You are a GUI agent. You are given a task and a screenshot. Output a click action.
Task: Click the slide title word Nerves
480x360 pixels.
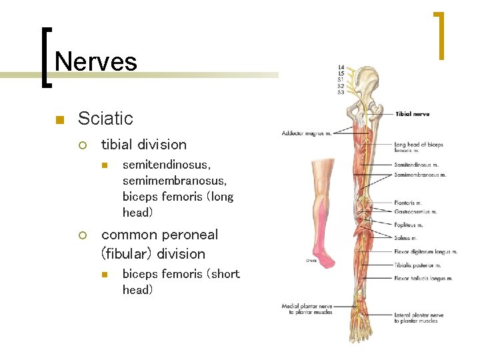tap(96, 62)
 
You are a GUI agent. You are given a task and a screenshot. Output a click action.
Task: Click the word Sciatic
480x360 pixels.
tap(105, 119)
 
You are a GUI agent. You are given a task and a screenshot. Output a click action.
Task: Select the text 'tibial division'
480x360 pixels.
tap(143, 145)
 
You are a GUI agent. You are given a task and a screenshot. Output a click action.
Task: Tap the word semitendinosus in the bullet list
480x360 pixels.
tap(167, 165)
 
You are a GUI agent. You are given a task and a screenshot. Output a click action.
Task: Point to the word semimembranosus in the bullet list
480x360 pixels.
tap(175, 181)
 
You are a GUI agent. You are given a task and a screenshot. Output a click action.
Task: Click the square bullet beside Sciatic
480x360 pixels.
tap(59, 120)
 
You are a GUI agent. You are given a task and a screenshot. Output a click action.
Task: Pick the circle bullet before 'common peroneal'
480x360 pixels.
tap(83, 235)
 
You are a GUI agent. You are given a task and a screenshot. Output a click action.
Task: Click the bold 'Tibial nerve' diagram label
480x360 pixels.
tap(412, 114)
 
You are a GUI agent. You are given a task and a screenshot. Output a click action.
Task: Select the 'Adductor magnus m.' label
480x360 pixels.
tap(306, 133)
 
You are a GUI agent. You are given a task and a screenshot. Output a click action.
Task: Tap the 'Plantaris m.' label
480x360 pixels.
tap(408, 203)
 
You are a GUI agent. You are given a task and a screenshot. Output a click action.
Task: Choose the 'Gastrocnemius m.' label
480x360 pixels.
tap(415, 212)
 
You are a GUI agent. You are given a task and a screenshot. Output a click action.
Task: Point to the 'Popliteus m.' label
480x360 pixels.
tap(409, 225)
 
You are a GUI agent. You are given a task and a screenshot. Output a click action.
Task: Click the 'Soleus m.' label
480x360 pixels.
tap(405, 238)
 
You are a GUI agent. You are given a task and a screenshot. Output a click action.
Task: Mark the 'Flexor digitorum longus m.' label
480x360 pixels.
tap(425, 252)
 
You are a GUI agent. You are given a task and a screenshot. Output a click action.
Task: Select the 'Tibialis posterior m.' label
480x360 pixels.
tap(418, 265)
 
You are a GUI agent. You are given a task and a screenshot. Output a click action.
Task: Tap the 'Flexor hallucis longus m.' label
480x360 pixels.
tap(423, 278)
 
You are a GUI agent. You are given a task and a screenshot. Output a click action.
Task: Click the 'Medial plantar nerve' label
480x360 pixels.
tap(307, 306)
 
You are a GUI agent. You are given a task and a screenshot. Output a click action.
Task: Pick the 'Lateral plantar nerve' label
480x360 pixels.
tap(419, 315)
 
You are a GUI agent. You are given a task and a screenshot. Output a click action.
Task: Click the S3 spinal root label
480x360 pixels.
tap(341, 92)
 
